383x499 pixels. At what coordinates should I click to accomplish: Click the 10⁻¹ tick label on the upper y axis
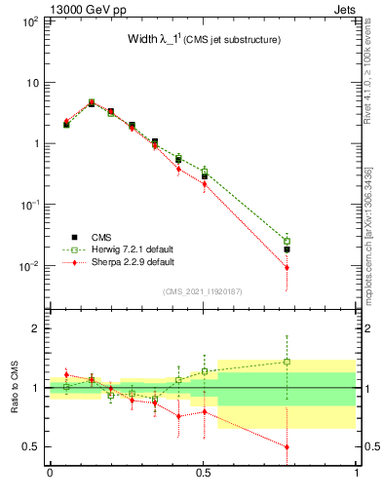pos(28,205)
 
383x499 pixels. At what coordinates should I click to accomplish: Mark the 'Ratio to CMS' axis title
pos(16,388)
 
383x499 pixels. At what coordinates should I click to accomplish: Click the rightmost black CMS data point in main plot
pos(287,249)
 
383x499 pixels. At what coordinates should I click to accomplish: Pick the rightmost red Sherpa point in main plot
pos(287,267)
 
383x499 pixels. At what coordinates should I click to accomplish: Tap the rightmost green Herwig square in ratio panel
pos(287,362)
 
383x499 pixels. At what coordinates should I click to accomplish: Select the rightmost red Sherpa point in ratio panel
pos(287,446)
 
